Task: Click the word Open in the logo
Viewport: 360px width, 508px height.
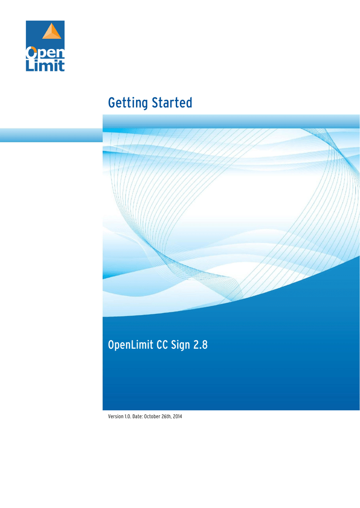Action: (x=45, y=52)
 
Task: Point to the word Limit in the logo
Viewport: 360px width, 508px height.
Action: (x=45, y=65)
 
